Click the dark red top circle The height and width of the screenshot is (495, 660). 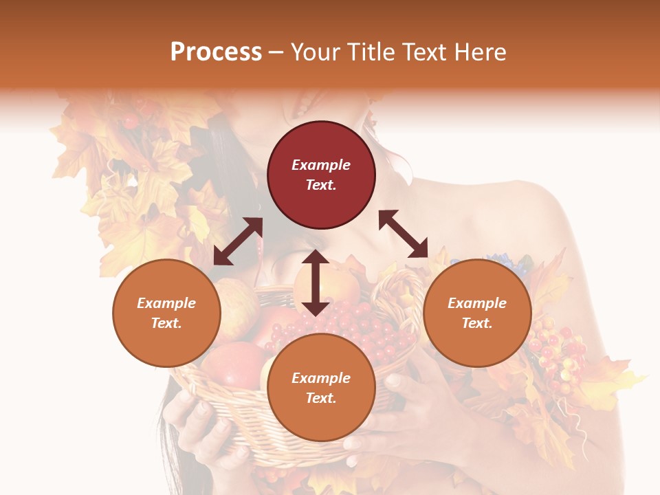(321, 175)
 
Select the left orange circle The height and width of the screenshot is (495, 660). (166, 313)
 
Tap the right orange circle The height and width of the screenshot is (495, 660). (477, 313)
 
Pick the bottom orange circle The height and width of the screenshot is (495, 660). (321, 387)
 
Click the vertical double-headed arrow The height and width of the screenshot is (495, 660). (316, 283)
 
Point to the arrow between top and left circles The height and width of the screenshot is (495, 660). (238, 241)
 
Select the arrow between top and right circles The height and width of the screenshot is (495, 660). (404, 234)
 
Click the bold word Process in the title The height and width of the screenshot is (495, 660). (216, 52)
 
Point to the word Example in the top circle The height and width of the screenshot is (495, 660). (321, 165)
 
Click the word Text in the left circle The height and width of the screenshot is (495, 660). (166, 323)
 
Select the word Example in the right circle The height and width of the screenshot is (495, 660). (477, 303)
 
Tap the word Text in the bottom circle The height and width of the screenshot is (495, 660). (321, 398)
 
